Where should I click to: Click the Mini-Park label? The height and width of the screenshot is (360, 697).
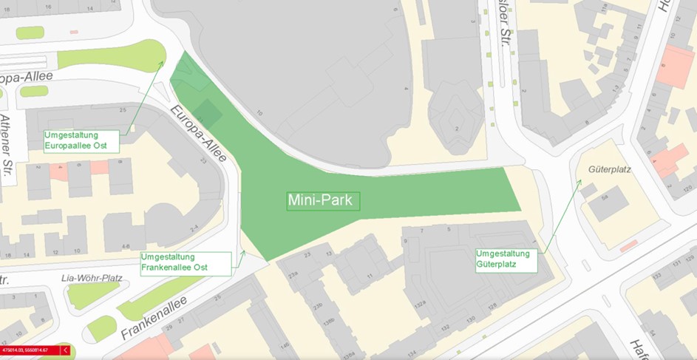pyautogui.click(x=323, y=200)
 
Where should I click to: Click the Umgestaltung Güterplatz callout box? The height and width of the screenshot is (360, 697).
pyautogui.click(x=507, y=258)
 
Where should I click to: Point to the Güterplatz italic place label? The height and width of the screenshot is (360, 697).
pyautogui.click(x=609, y=169)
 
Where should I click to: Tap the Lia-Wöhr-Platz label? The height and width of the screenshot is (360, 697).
pyautogui.click(x=92, y=278)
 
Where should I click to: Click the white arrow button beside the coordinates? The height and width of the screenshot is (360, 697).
pyautogui.click(x=65, y=350)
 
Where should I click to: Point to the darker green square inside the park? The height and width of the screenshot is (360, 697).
pyautogui.click(x=208, y=112)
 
